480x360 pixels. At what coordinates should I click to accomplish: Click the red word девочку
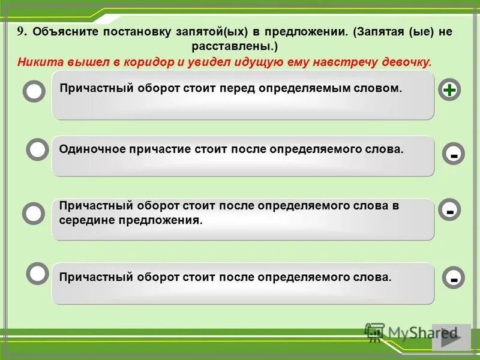click(x=408, y=62)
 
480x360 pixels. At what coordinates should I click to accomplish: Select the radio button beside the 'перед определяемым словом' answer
click(x=34, y=92)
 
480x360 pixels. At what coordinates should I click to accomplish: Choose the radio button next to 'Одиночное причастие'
click(x=38, y=149)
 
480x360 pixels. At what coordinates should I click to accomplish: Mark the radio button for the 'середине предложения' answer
click(x=34, y=212)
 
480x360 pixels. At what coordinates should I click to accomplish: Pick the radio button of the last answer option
click(x=38, y=273)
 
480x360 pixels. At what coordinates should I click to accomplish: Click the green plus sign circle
click(x=449, y=90)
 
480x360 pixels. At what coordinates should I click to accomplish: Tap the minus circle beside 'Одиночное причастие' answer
click(x=454, y=154)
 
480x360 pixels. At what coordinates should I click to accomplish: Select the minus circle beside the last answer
click(x=454, y=278)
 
